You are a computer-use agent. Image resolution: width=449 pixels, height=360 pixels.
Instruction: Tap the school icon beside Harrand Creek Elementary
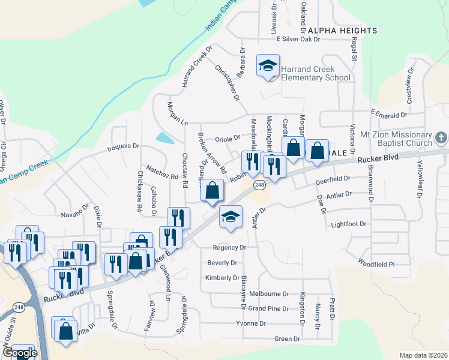point(268,67)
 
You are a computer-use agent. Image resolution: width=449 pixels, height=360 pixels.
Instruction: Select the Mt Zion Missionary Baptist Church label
point(393,139)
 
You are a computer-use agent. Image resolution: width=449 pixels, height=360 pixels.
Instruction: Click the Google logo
point(23,353)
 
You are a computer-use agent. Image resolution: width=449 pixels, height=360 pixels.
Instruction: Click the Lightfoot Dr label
point(348,224)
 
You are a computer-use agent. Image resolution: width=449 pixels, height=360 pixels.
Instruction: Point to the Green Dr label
point(287,339)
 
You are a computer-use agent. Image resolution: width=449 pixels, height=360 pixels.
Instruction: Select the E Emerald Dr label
point(389,113)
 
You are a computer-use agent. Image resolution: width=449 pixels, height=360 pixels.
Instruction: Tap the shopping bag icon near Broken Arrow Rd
point(212,191)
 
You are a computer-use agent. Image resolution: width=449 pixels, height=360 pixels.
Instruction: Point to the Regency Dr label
point(230,247)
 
